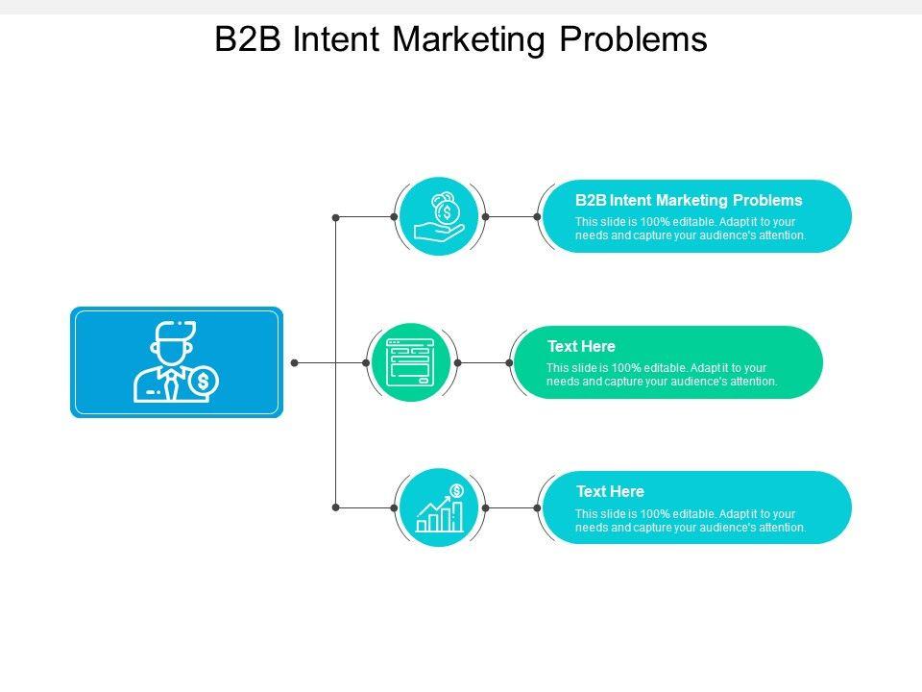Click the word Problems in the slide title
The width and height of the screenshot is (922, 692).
click(x=633, y=39)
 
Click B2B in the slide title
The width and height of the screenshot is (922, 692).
click(x=248, y=39)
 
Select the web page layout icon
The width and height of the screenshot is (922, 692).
click(x=410, y=362)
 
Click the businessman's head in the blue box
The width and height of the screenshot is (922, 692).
click(x=172, y=344)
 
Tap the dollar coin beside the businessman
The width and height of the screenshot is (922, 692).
click(x=203, y=382)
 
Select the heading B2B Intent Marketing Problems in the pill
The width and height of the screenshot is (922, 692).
click(x=689, y=201)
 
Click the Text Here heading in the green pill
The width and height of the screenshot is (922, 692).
click(x=581, y=346)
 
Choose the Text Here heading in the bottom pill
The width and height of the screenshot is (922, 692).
click(x=610, y=491)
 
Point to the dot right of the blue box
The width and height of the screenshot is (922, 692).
click(x=295, y=362)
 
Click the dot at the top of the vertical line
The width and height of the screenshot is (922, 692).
click(x=336, y=217)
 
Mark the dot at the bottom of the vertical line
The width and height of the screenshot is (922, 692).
click(x=336, y=507)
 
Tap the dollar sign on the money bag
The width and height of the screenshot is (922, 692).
click(x=448, y=211)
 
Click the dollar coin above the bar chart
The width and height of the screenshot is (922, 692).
click(x=457, y=490)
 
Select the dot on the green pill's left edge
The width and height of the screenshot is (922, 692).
click(x=509, y=362)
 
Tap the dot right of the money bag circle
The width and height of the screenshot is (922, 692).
click(x=485, y=217)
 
